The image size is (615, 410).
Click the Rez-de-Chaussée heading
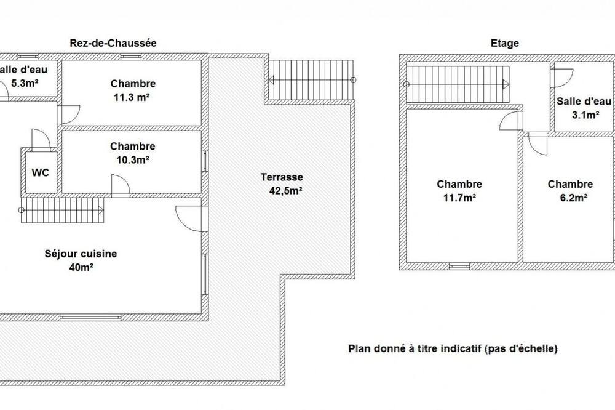click(x=113, y=43)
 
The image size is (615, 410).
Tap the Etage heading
click(x=504, y=43)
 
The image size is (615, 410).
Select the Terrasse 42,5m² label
click(x=283, y=184)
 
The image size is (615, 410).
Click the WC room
click(x=41, y=172)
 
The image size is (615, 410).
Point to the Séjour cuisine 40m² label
click(x=81, y=260)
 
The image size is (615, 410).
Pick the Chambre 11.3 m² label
click(x=133, y=90)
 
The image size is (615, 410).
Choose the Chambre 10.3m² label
click(x=133, y=153)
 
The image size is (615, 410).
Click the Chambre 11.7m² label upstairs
click(x=459, y=191)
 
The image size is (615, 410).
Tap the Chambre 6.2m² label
click(x=570, y=191)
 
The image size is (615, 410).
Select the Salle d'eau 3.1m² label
click(x=584, y=108)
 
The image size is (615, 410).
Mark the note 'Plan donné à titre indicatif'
click(x=453, y=348)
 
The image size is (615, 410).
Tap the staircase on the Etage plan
click(x=458, y=84)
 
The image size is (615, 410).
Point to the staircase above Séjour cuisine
click(x=61, y=210)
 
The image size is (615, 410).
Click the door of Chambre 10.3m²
click(x=121, y=186)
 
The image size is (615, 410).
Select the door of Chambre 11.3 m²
click(x=69, y=115)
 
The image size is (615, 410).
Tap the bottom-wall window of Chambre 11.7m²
click(x=459, y=267)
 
